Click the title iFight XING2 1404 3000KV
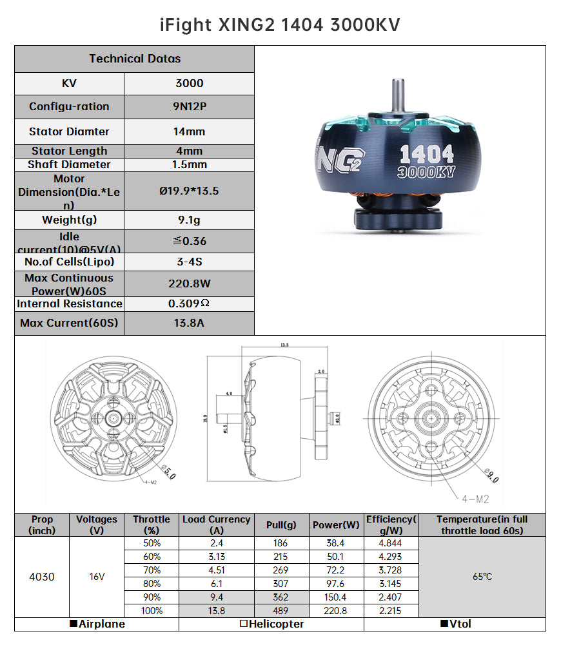coord(280,24)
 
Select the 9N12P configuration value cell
coord(189,107)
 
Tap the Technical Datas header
coord(135,59)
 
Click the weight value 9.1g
coord(189,220)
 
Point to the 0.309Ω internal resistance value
coord(189,303)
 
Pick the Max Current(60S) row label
coord(69,323)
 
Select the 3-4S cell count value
coord(189,262)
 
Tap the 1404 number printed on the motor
coord(427,154)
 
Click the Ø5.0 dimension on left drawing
coord(168,472)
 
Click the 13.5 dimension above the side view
coord(284,345)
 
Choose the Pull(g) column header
coord(282,525)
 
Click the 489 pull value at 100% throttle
coord(282,610)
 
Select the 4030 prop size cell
coord(42,577)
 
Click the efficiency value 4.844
coord(391,543)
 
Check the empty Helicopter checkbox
coord(244,624)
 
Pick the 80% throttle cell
coord(152,583)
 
